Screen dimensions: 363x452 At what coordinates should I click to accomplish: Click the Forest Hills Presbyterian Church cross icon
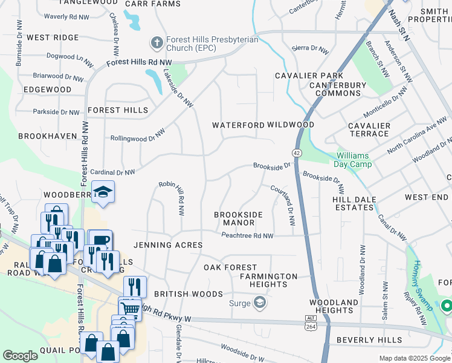[157, 43]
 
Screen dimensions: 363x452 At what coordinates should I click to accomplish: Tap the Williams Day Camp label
[352, 159]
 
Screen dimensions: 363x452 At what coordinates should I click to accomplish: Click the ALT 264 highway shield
[311, 322]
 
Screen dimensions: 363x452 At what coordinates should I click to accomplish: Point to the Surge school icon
[260, 302]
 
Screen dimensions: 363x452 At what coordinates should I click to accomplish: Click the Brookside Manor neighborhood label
[239, 218]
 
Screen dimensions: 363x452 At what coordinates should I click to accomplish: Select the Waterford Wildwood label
[262, 125]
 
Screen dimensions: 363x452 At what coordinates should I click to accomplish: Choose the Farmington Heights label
[268, 281]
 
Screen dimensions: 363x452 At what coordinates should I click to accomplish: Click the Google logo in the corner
[20, 356]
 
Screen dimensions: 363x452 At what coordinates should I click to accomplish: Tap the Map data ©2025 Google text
[415, 358]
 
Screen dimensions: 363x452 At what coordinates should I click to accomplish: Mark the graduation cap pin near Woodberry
[103, 192]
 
